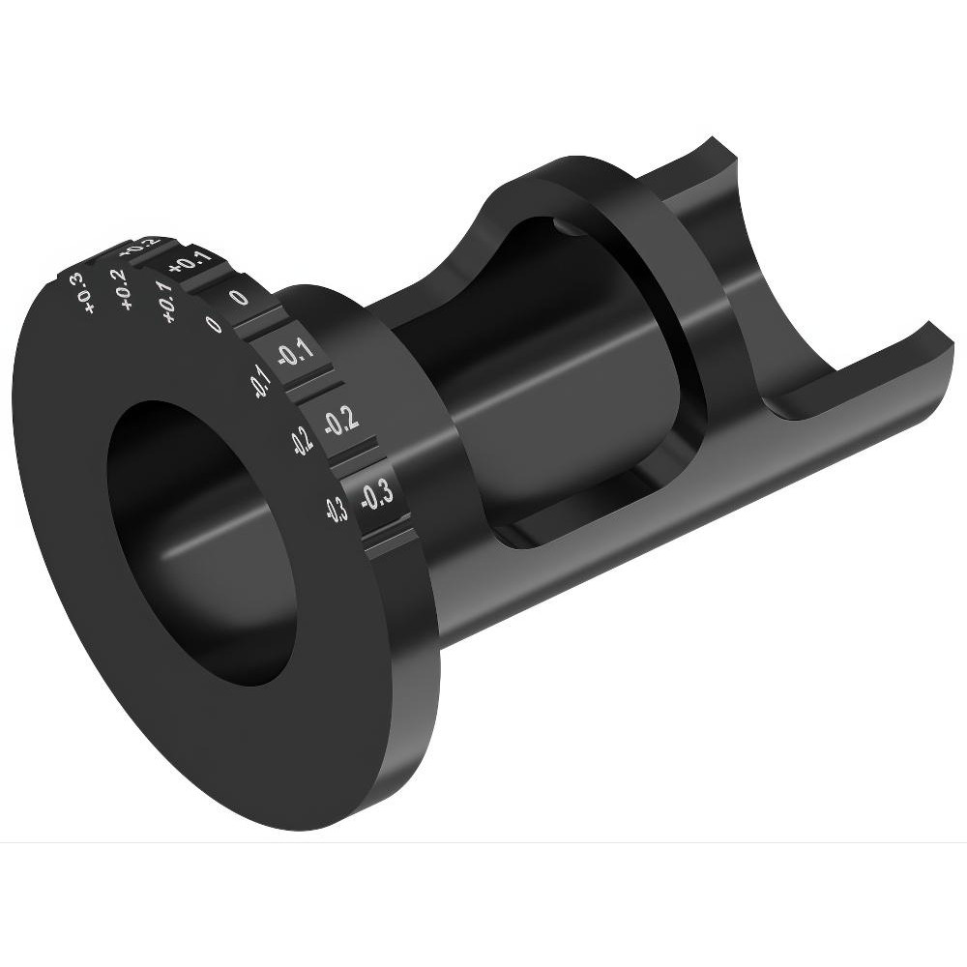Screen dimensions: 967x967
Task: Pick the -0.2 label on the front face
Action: (301, 441)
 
